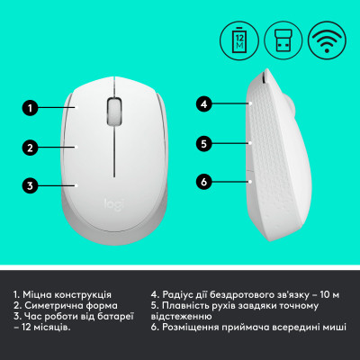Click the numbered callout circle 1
click(x=31, y=109)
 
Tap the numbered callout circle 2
click(x=31, y=148)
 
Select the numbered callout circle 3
click(x=31, y=186)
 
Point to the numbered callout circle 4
click(x=204, y=104)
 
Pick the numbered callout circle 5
click(x=204, y=142)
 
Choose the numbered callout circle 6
click(x=204, y=182)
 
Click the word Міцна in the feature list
click(x=42, y=293)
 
